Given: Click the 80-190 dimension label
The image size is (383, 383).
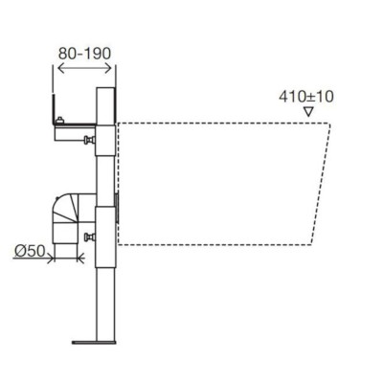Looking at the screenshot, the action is [x=84, y=54].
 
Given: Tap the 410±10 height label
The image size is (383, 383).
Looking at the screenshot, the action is [x=306, y=97].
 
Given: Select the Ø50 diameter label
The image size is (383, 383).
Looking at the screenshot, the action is [x=30, y=251].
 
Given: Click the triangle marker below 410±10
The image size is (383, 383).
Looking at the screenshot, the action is [x=308, y=112].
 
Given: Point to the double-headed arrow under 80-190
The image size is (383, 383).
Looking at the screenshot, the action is [x=85, y=68].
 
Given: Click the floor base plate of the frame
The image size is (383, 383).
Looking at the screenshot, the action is [x=94, y=343].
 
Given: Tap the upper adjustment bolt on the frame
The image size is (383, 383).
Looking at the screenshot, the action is [x=90, y=140].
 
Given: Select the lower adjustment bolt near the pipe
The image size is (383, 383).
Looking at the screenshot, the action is [x=90, y=237].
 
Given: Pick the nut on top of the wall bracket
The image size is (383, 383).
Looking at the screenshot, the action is [x=59, y=121].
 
